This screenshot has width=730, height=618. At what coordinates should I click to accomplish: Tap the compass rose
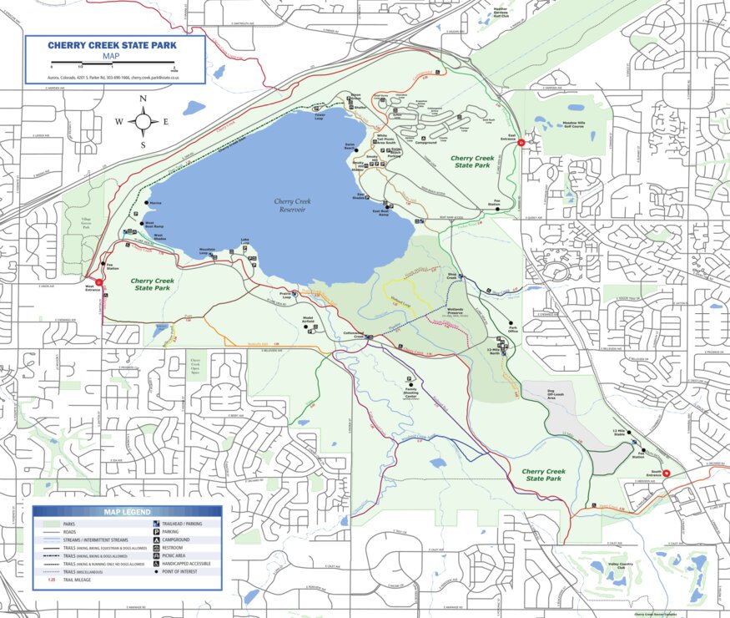[143, 122]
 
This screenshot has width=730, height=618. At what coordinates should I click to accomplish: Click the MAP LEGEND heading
[127, 512]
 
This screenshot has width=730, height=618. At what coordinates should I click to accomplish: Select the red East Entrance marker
[521, 143]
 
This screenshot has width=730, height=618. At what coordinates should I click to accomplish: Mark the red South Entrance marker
[666, 474]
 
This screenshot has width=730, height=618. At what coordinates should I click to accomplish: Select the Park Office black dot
[510, 323]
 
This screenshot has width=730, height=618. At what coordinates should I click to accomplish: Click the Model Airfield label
[308, 319]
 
